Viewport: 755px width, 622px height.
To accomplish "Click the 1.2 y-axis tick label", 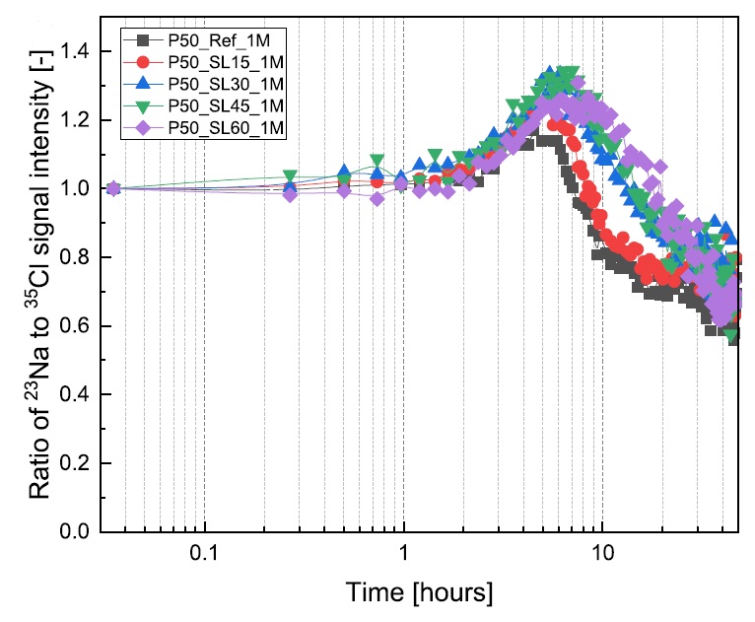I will point(79,120).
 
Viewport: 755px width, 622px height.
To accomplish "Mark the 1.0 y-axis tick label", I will point(79,188).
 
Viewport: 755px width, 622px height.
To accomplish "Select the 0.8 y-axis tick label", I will point(79,257).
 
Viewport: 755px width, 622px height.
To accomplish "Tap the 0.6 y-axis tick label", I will point(79,326).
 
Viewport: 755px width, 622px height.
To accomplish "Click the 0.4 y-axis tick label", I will point(79,394).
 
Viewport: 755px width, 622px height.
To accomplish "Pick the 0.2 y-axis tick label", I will point(79,463).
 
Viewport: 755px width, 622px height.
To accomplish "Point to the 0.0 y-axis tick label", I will point(79,532).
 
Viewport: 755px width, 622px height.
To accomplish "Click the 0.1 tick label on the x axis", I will point(204,556).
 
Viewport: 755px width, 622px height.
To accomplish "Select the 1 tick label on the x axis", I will point(403,556).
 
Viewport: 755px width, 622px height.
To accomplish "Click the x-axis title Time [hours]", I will point(419,593).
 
